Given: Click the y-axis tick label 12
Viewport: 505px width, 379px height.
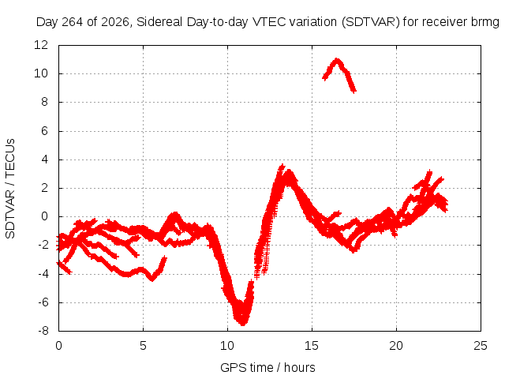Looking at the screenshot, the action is (41, 45).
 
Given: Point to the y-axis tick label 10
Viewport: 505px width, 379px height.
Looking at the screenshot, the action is (41, 73).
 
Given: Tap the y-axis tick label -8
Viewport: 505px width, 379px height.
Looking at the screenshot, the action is (43, 330).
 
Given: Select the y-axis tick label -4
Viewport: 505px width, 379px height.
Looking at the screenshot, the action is (43, 274).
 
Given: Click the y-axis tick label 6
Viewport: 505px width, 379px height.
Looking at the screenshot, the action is (44, 131).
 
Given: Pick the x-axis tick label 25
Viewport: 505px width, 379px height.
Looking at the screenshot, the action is (481, 346).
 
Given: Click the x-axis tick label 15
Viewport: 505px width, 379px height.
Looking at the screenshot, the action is (312, 346).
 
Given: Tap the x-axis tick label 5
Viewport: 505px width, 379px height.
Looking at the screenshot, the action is (143, 346).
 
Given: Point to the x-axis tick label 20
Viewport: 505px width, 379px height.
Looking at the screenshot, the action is (396, 346).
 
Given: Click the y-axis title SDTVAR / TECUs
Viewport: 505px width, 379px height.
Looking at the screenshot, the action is (10, 189).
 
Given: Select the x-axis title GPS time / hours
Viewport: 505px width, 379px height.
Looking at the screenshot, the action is (267, 367).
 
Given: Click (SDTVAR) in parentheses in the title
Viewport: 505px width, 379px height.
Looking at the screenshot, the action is (370, 22).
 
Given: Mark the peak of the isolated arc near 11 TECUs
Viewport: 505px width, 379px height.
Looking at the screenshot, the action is (337, 60).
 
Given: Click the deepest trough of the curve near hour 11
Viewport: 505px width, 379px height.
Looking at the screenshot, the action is (242, 323).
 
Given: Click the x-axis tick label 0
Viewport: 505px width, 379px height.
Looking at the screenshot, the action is (58, 346).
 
